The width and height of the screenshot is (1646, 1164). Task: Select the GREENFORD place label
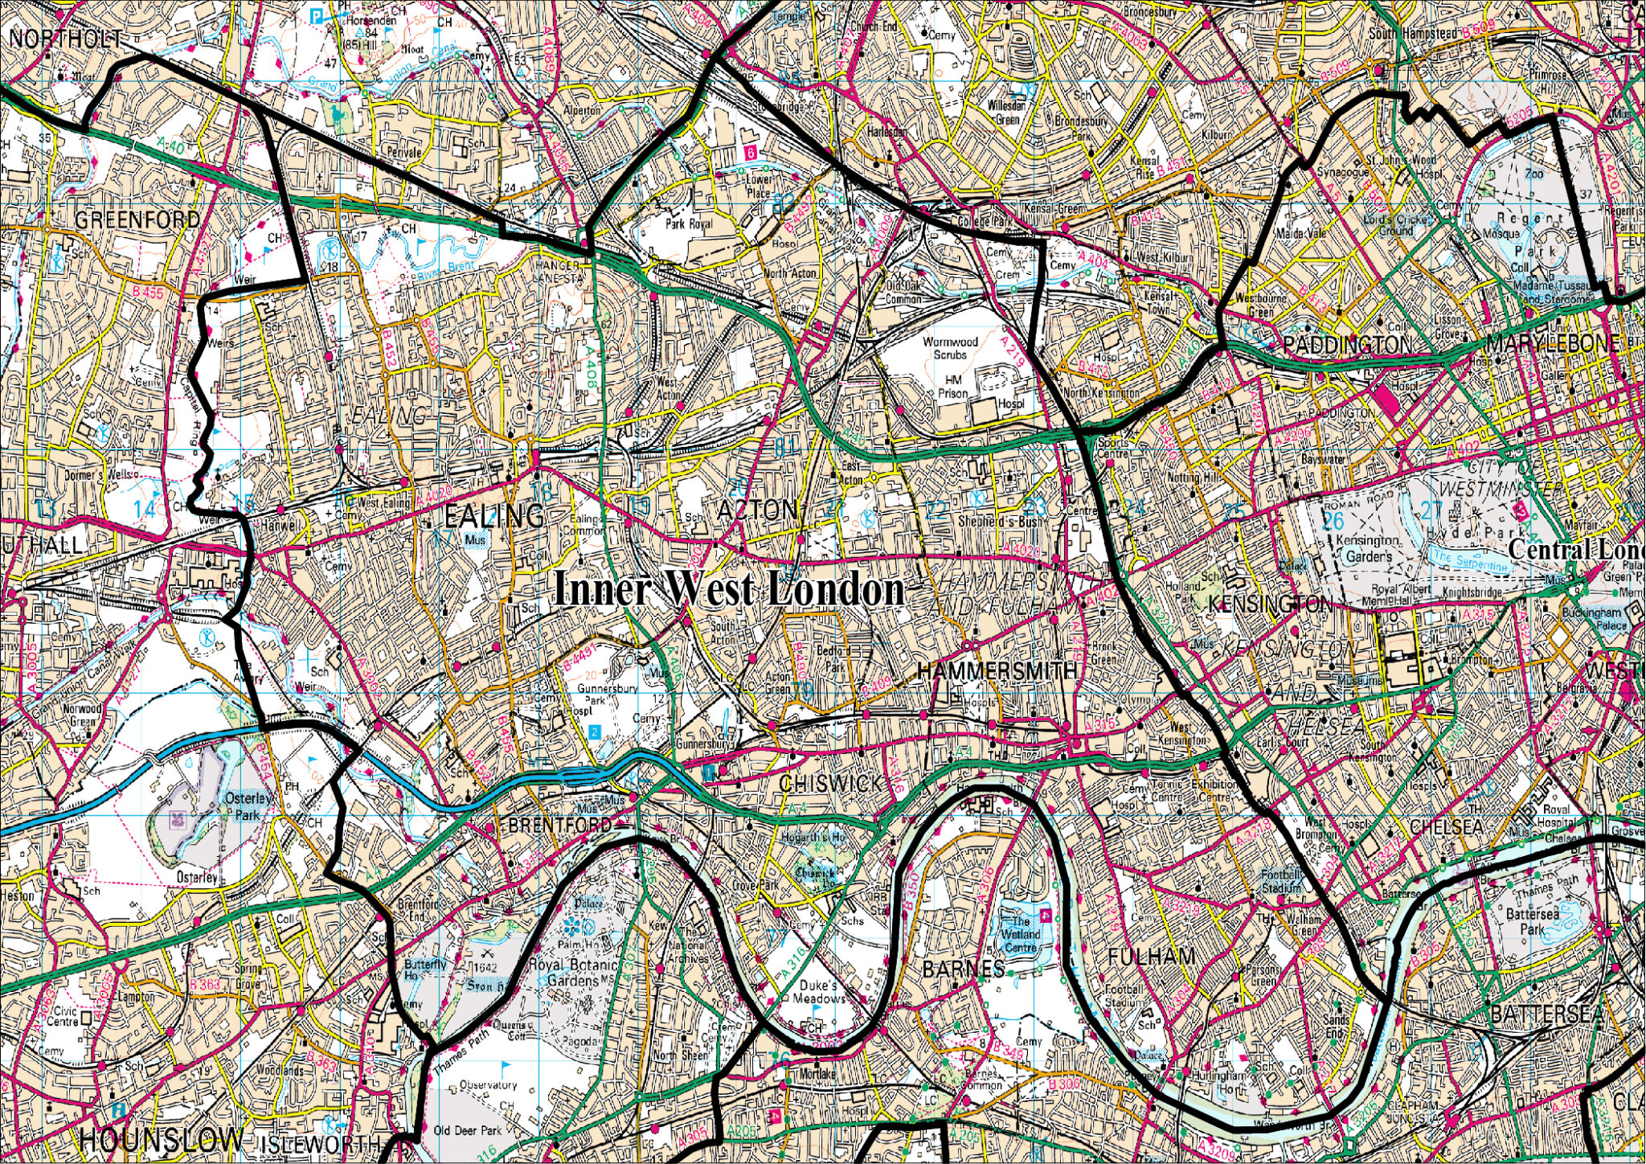(137, 219)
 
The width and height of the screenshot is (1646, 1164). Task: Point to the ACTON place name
(757, 510)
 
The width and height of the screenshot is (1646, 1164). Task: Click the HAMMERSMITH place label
(997, 670)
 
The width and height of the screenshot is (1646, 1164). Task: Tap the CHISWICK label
(830, 783)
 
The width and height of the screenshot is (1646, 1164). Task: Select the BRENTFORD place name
(559, 826)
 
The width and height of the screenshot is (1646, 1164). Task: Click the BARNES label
(963, 969)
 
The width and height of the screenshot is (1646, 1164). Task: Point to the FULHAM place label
(1151, 957)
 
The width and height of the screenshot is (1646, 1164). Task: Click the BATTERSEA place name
(1546, 1014)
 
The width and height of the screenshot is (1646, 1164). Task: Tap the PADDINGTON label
(1347, 345)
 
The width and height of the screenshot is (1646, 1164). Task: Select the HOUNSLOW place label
(161, 1139)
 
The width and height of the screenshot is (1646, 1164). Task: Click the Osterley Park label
(248, 806)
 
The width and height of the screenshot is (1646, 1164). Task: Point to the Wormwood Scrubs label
(950, 347)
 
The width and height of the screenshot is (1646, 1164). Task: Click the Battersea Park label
(1532, 921)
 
